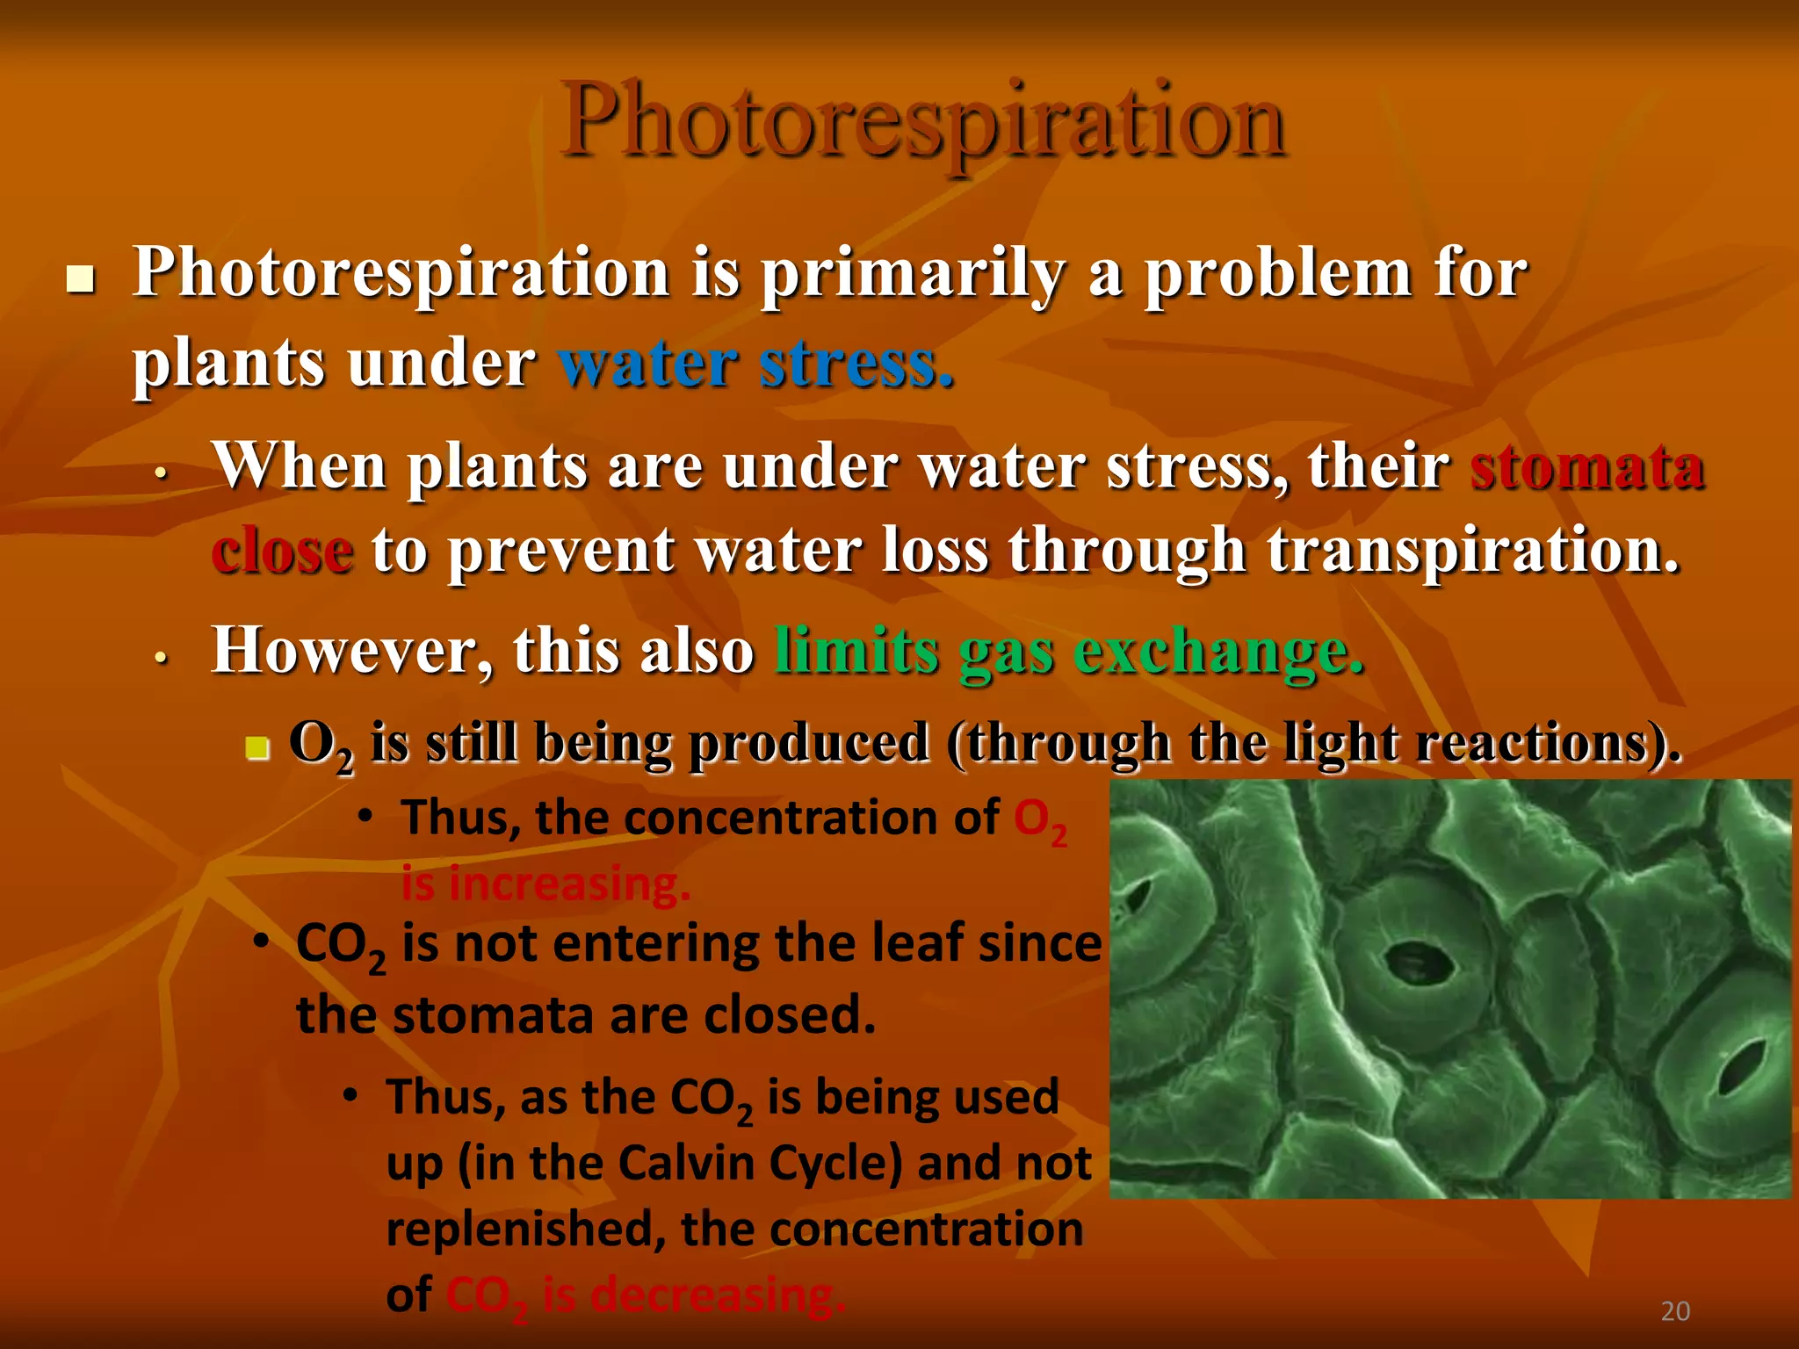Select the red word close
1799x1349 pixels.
click(x=282, y=551)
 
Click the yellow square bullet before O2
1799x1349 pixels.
click(x=256, y=748)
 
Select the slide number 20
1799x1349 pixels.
click(x=1675, y=1311)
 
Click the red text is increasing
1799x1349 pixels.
click(x=545, y=884)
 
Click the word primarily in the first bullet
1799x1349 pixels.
click(x=914, y=273)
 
